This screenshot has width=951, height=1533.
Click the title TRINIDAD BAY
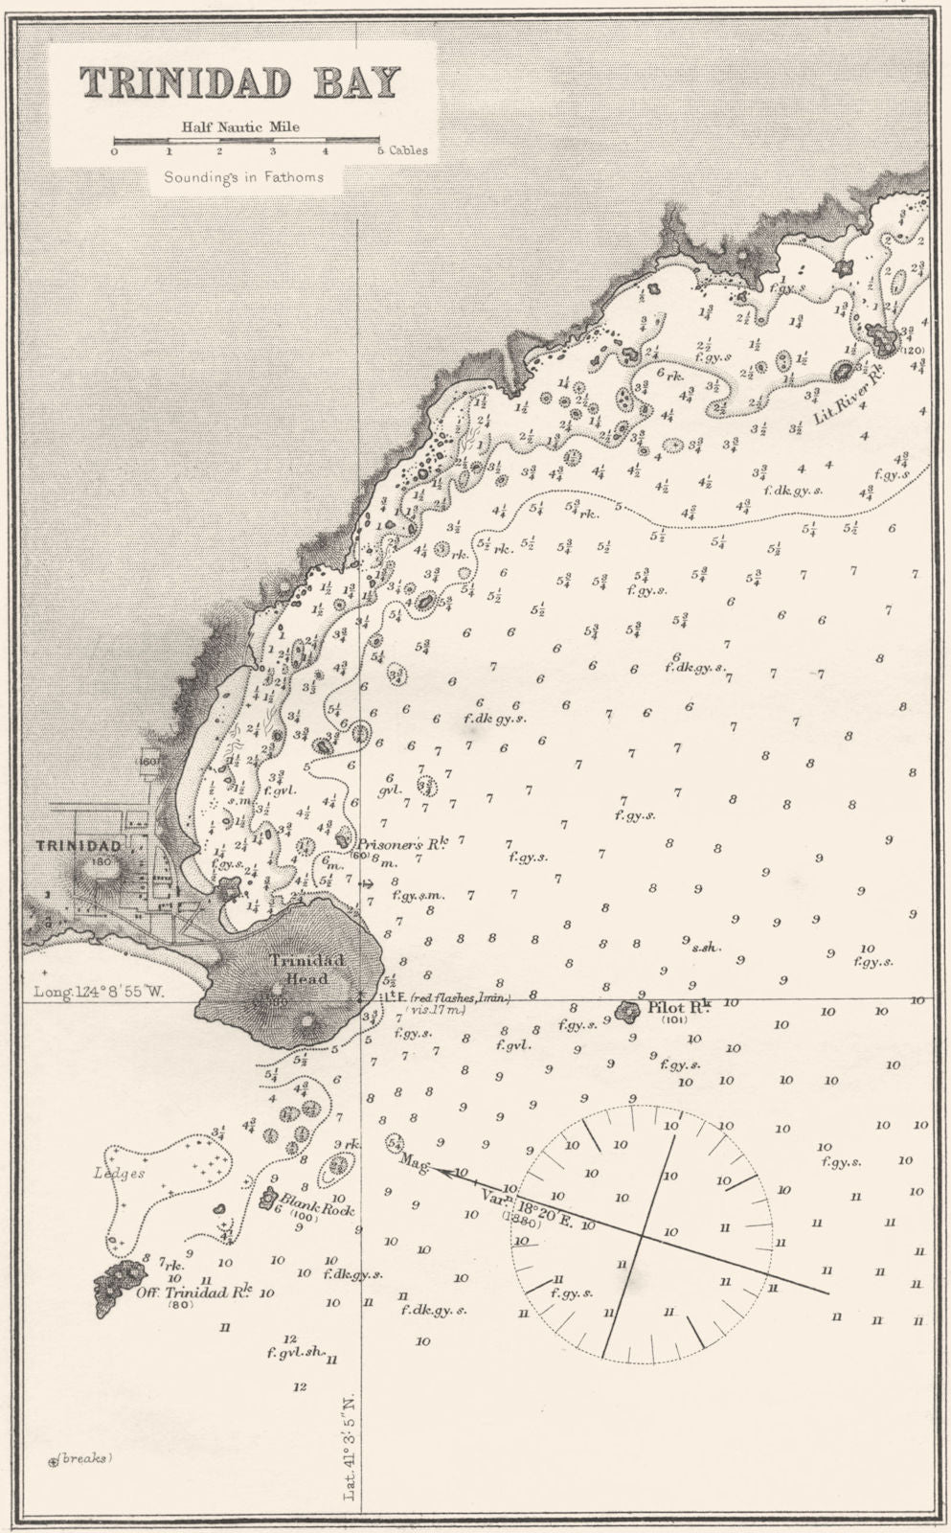coord(239,83)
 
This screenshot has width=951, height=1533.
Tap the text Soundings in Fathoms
coord(242,176)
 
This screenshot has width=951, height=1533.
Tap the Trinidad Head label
coord(298,970)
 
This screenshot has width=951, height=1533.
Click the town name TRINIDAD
coord(79,846)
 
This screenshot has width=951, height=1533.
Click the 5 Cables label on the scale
coord(402,151)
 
